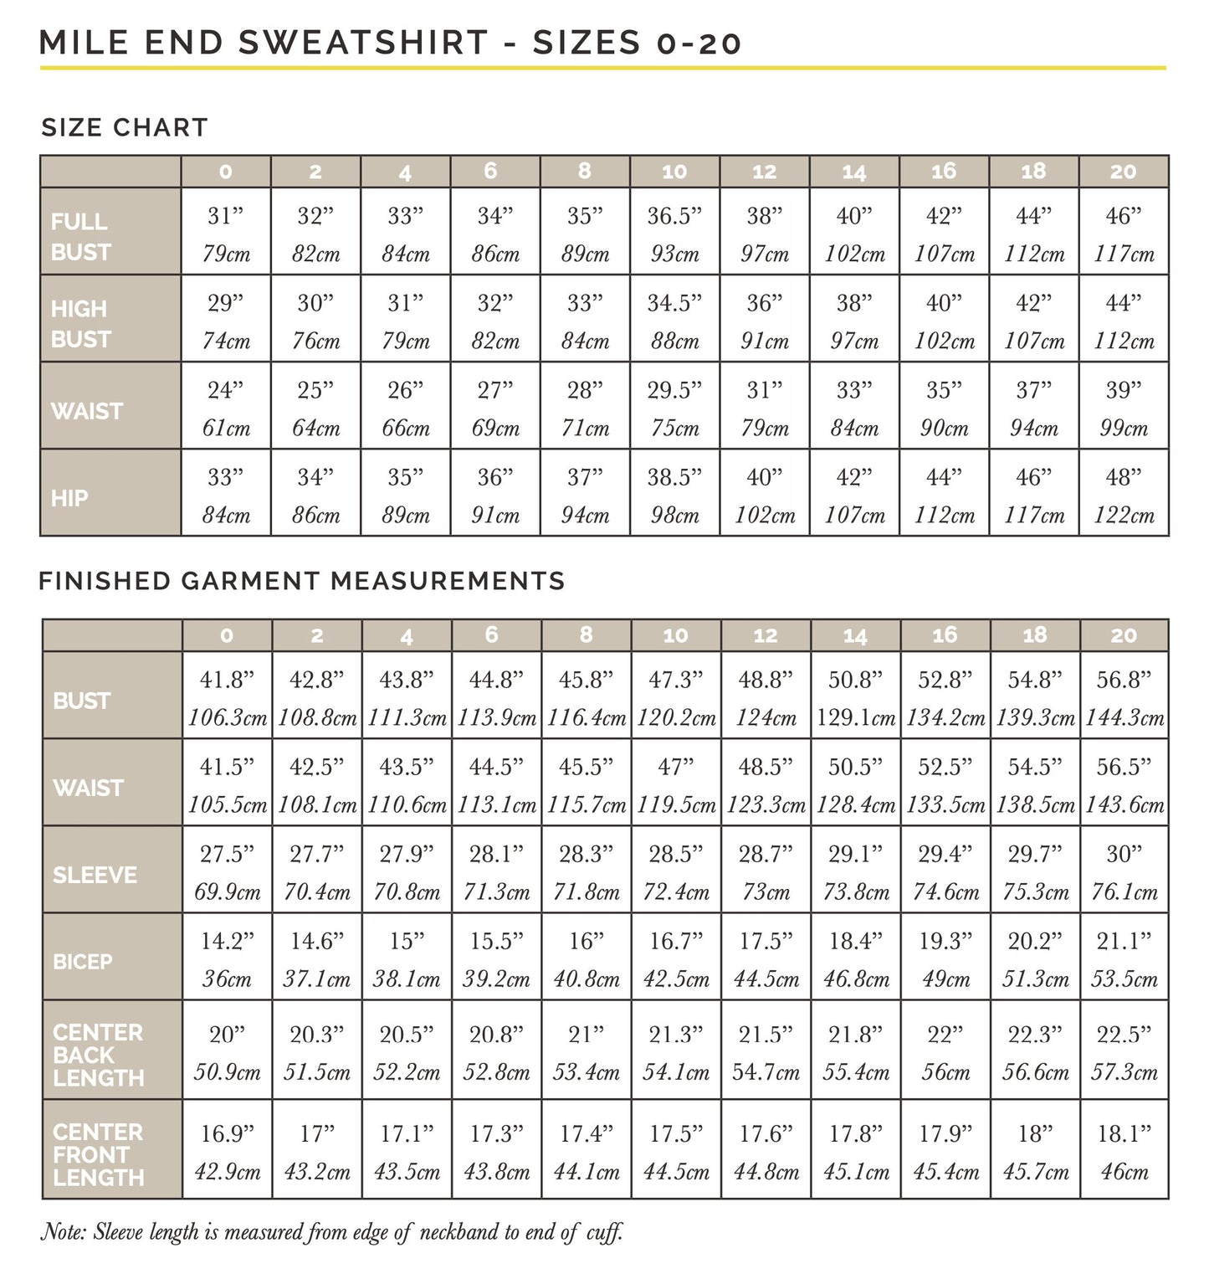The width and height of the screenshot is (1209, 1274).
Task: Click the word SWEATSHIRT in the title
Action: click(363, 43)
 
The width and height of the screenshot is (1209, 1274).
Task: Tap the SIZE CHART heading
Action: click(125, 127)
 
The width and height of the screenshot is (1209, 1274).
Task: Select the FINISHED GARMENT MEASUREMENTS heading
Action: click(302, 580)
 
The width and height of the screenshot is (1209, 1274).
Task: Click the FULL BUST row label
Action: click(80, 236)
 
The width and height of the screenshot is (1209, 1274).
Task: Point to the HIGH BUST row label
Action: click(80, 323)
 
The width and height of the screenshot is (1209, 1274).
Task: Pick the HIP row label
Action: click(69, 498)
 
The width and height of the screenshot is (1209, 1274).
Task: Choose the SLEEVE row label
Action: click(95, 875)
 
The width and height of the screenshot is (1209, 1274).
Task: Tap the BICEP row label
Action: click(83, 962)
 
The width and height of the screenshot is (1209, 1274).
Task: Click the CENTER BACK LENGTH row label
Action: click(98, 1055)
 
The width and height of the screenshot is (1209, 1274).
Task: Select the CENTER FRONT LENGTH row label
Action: click(98, 1154)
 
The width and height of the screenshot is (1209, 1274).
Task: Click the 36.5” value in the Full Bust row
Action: click(674, 216)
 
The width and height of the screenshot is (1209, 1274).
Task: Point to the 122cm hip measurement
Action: click(1124, 515)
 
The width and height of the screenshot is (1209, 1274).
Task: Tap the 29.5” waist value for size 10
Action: click(674, 390)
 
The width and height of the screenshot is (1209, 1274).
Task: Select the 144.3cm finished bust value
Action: click(1124, 717)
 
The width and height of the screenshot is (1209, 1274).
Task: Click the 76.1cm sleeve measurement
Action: click(1124, 891)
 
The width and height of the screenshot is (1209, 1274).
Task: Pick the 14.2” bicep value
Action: click(227, 941)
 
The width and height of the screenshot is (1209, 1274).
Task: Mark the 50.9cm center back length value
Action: click(227, 1072)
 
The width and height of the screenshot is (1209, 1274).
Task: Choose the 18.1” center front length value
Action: click(1124, 1134)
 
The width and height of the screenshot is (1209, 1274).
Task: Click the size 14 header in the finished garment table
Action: click(855, 635)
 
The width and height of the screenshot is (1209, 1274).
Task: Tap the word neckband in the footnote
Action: click(458, 1231)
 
